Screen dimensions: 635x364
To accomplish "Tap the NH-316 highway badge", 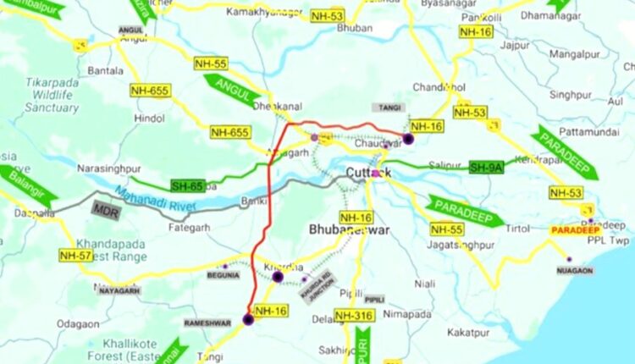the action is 353,316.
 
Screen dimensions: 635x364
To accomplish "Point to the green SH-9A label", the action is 486,168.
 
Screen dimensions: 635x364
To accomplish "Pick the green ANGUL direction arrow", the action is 231,89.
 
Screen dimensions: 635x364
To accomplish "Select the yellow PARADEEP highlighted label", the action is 575,229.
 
